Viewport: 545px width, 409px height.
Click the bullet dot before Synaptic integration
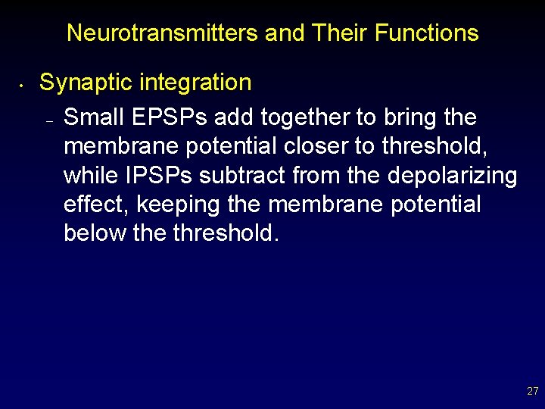tap(24, 85)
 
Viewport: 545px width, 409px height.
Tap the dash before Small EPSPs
tap(48, 121)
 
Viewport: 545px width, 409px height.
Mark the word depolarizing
tap(453, 176)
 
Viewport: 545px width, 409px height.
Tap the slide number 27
tap(532, 392)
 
